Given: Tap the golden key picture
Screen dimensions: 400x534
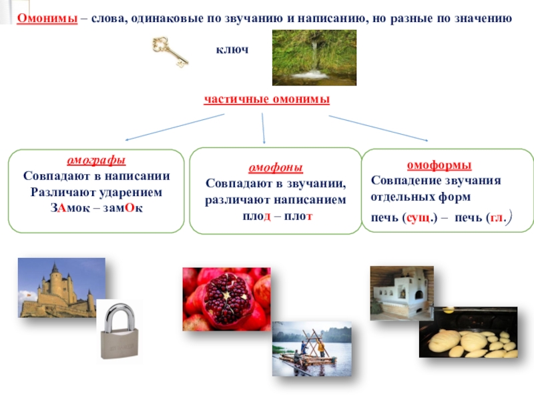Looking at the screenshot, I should click(x=170, y=52).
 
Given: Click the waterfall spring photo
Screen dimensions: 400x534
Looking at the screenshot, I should click(x=308, y=57).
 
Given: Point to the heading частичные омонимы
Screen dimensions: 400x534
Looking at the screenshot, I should click(x=267, y=99).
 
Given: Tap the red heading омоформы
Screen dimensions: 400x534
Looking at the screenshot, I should click(x=439, y=165).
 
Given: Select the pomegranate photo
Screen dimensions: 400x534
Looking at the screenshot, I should click(x=226, y=299).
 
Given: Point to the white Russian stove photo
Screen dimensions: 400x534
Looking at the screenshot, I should click(x=402, y=293).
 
